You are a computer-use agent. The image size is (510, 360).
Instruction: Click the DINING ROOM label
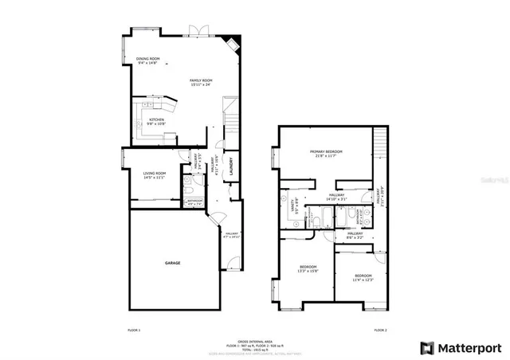click(148, 59)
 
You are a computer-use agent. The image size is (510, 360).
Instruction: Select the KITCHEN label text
click(156, 119)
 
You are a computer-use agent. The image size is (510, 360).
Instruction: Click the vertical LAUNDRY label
click(231, 168)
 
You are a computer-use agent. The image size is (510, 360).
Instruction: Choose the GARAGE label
click(173, 263)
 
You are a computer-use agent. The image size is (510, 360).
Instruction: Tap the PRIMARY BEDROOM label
click(327, 151)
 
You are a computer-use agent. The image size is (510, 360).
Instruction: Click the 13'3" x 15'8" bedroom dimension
click(308, 272)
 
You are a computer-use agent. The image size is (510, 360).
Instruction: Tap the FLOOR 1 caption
click(134, 329)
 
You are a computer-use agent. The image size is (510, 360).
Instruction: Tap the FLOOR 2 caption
click(380, 329)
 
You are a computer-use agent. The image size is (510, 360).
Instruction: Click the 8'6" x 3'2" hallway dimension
click(355, 237)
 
